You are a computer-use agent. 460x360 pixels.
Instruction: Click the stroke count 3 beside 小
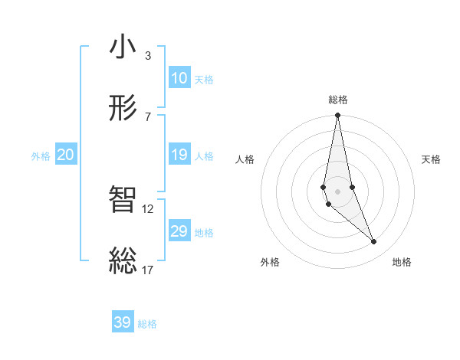click(x=147, y=56)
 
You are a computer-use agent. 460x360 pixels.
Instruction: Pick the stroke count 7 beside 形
click(x=147, y=116)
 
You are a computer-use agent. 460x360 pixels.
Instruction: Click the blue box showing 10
click(x=179, y=78)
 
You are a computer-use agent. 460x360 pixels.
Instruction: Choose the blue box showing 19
click(x=179, y=155)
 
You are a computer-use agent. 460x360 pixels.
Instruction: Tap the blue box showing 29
click(x=179, y=231)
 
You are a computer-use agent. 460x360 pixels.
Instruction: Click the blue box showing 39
click(x=123, y=322)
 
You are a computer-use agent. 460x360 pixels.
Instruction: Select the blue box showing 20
click(x=65, y=155)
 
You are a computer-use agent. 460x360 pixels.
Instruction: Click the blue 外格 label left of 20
click(x=41, y=156)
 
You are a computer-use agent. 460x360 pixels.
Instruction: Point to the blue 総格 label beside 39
click(x=147, y=324)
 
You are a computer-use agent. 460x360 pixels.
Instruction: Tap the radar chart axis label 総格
click(x=337, y=100)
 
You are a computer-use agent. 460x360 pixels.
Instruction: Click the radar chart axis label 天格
click(x=431, y=159)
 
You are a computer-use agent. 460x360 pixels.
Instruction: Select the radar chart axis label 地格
click(x=402, y=262)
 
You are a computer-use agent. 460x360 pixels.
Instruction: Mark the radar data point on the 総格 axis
click(x=337, y=116)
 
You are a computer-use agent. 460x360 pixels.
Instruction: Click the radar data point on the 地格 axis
click(x=374, y=242)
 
